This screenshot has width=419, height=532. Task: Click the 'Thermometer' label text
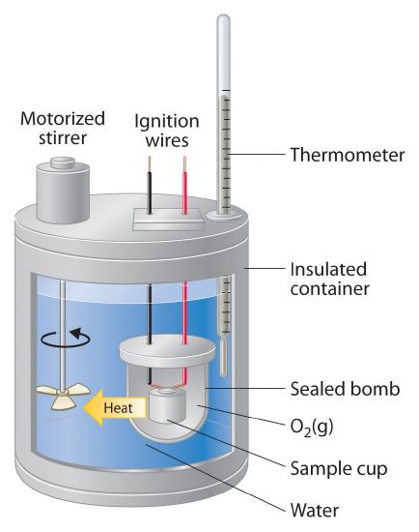[x=348, y=155]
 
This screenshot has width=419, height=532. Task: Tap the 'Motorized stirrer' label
[x=63, y=129]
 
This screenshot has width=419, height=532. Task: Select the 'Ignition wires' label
[x=167, y=131]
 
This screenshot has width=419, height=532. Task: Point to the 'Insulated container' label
[x=329, y=280]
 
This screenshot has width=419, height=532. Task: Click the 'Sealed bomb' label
[x=346, y=389]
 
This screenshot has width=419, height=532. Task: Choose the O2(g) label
[x=312, y=427]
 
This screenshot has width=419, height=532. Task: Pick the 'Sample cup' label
[x=339, y=469]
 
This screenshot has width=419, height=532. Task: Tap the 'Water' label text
[x=315, y=510]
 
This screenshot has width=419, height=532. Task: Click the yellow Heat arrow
[x=115, y=407]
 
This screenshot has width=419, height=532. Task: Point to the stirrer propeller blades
[x=64, y=396]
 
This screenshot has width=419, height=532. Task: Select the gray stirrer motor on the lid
[x=63, y=190]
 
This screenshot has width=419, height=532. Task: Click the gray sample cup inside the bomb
[x=167, y=406]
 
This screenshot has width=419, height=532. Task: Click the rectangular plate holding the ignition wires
[x=169, y=219]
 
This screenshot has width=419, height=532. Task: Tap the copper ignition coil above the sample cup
[x=167, y=386]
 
